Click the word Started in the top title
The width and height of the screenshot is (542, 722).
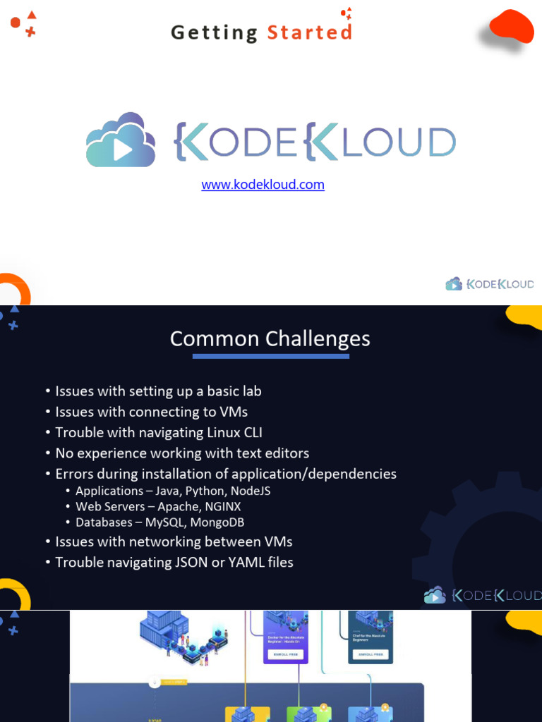[x=309, y=32]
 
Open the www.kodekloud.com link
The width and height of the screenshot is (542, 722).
[x=263, y=185]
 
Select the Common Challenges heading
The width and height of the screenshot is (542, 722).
[x=270, y=338]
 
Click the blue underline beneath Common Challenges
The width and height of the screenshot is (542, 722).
[x=270, y=356]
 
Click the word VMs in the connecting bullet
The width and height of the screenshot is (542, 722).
[x=233, y=412]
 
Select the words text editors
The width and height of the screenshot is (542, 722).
[x=274, y=453]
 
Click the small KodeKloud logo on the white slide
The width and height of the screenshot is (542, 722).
[x=490, y=284]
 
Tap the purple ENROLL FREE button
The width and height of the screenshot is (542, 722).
[x=285, y=654]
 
